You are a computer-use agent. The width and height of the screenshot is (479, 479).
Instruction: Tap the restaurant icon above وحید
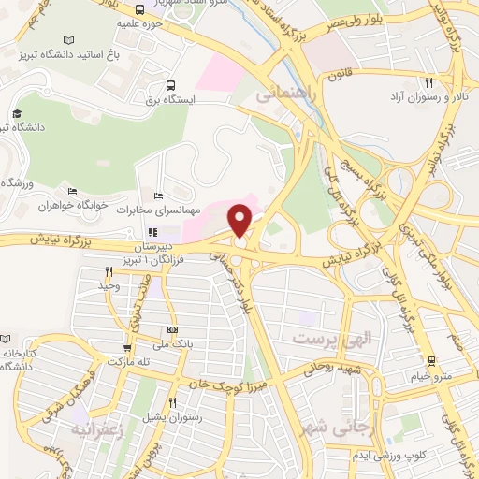(x=109, y=271)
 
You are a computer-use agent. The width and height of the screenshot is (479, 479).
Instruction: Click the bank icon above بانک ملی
(x=172, y=330)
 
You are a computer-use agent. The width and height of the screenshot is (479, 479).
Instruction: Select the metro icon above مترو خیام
(x=429, y=360)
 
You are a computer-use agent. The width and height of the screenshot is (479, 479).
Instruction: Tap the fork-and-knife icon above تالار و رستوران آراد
(x=428, y=81)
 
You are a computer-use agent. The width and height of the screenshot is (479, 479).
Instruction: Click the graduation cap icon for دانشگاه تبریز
(x=16, y=112)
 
